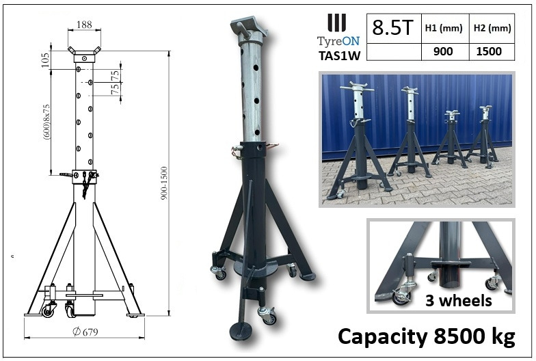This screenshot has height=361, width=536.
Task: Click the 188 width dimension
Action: pos(84,25)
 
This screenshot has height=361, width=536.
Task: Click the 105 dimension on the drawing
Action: pos(46,59)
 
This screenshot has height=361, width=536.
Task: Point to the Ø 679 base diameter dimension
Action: pos(83,333)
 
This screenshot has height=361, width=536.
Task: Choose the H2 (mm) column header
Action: pos(491,29)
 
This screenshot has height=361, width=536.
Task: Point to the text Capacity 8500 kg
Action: pos(426,336)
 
